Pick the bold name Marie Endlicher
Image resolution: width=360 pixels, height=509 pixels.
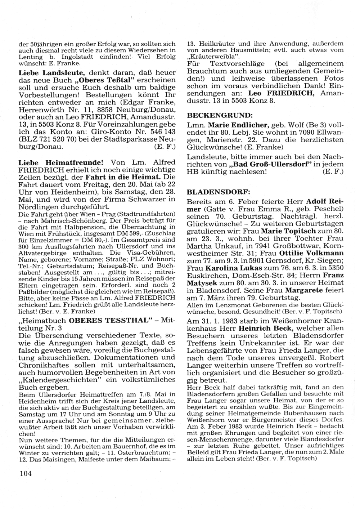point(237,125)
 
